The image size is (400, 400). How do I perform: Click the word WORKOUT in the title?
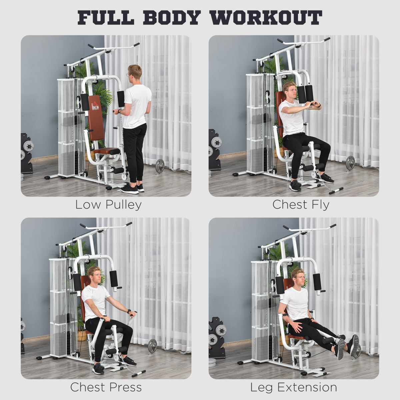pyautogui.click(x=266, y=18)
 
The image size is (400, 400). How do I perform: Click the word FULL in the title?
pyautogui.click(x=106, y=18)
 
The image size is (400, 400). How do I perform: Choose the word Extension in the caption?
pyautogui.click(x=307, y=387)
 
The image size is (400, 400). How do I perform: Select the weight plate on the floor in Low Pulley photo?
pyautogui.click(x=160, y=166)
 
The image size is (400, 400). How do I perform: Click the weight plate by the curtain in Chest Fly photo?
pyautogui.click(x=350, y=163)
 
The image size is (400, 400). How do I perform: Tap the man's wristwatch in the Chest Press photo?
pyautogui.click(x=129, y=311)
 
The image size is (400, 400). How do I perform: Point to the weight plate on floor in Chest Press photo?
pyautogui.click(x=152, y=345)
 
